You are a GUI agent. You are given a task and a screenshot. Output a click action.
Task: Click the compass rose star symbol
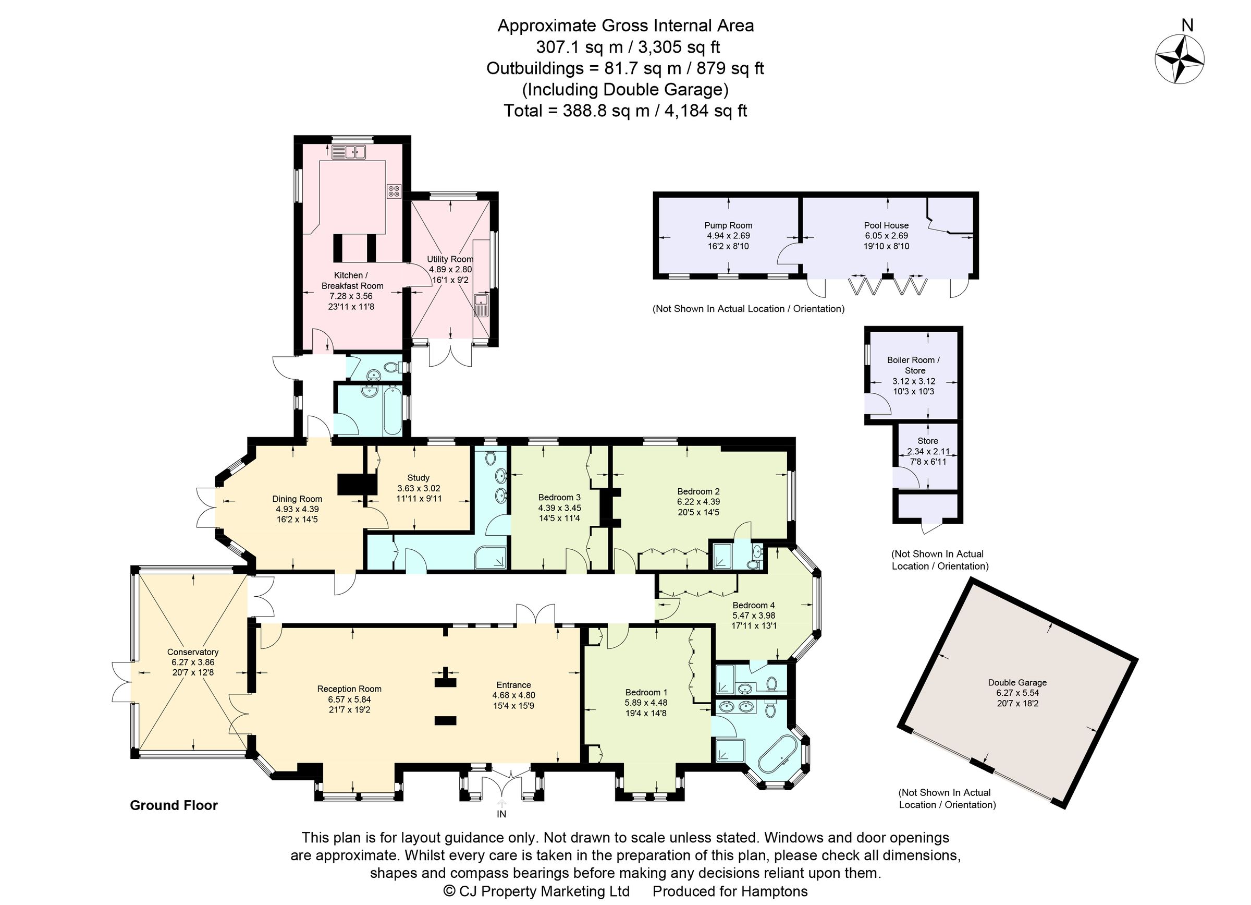(x=1180, y=59)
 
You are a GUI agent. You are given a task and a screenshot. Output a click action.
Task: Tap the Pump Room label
(x=728, y=225)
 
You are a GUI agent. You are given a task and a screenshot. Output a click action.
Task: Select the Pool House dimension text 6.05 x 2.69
(x=887, y=236)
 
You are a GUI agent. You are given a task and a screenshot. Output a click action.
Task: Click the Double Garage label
(x=1017, y=683)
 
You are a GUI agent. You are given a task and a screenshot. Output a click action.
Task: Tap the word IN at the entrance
(x=501, y=814)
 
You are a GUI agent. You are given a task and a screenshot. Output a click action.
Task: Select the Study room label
(x=419, y=478)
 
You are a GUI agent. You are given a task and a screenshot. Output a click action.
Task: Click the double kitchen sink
(x=349, y=151)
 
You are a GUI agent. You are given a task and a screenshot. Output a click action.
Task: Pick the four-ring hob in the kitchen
(x=395, y=191)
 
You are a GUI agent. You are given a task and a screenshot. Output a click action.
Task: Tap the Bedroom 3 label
(x=559, y=497)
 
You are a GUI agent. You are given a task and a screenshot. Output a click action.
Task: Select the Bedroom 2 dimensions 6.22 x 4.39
(x=698, y=502)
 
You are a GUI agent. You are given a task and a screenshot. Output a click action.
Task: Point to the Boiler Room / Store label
(x=914, y=365)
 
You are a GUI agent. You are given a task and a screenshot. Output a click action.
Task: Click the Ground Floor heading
(x=174, y=806)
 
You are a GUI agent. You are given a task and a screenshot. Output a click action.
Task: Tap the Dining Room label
(x=297, y=499)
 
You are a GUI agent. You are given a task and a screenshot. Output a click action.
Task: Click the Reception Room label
(x=349, y=689)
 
